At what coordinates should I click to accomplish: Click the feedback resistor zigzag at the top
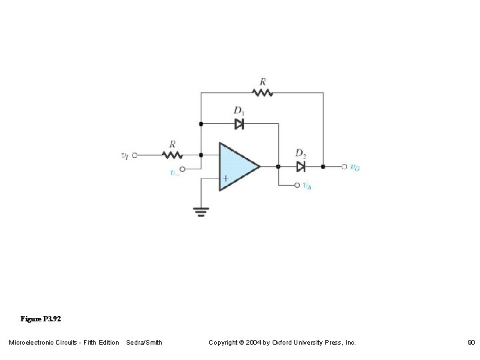[x=263, y=93]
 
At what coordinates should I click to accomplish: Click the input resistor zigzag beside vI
[x=173, y=155]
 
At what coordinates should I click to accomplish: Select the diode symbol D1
[x=239, y=123]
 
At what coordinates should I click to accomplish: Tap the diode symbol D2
[x=301, y=166]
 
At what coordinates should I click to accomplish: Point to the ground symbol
[x=201, y=211]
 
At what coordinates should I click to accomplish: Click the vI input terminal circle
[x=135, y=155]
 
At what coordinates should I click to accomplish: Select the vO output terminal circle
[x=344, y=166]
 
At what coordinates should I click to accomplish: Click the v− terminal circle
[x=183, y=169]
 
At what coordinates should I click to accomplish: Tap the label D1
[x=239, y=111]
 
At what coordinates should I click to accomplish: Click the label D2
[x=301, y=154]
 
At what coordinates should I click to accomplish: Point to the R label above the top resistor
[x=263, y=81]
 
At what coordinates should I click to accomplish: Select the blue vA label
[x=307, y=186]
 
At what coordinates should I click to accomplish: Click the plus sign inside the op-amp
[x=226, y=178]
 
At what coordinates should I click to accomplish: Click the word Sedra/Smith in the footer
[x=144, y=342]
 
